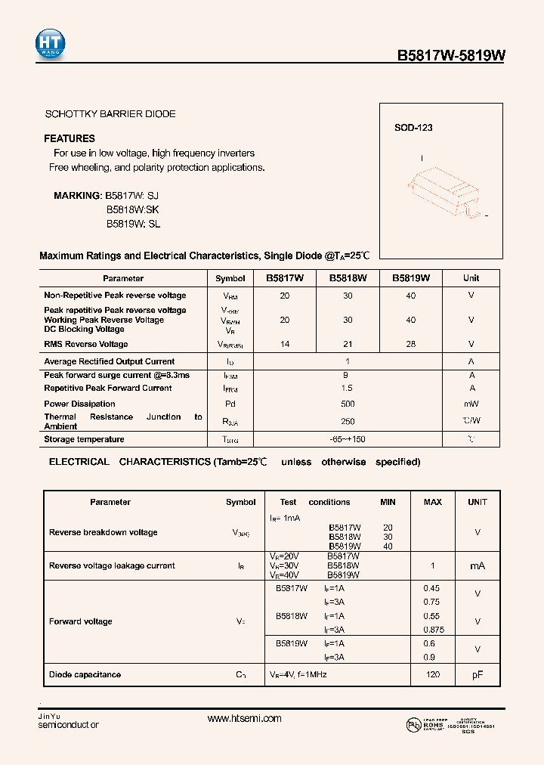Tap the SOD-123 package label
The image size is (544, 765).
click(413, 128)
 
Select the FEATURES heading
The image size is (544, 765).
click(70, 138)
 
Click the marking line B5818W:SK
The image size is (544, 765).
click(132, 209)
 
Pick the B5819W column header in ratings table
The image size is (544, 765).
click(411, 278)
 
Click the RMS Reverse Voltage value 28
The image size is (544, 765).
click(411, 344)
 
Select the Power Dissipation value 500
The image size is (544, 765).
click(348, 404)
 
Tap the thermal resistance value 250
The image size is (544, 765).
click(348, 421)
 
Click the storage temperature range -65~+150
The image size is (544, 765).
click(348, 439)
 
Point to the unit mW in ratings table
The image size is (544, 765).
click(471, 404)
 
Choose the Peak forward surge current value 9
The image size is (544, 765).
click(348, 375)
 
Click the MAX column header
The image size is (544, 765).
click(433, 502)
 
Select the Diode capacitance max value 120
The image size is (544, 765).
click(433, 674)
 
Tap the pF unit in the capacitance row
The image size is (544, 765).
click(478, 674)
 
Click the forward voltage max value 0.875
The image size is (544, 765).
click(433, 630)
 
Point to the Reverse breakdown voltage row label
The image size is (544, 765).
click(104, 532)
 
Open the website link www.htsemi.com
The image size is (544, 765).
click(244, 719)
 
